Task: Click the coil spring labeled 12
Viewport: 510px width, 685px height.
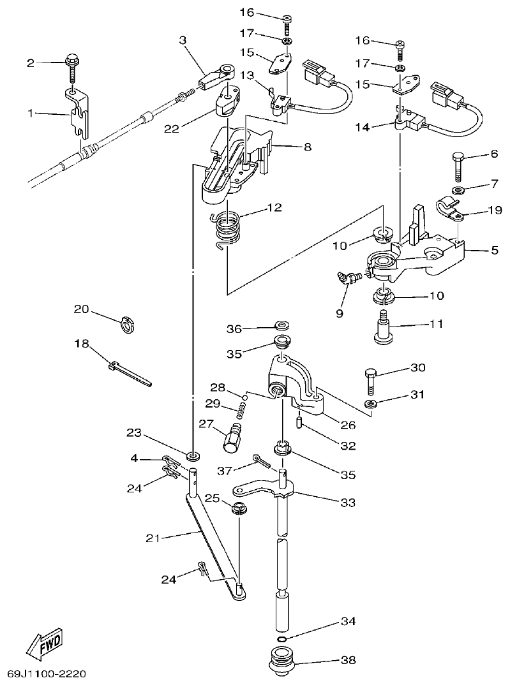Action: (228, 228)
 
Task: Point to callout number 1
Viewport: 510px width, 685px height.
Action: (31, 114)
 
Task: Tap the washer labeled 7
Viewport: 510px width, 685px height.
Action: (458, 191)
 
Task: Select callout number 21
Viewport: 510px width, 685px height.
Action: (152, 538)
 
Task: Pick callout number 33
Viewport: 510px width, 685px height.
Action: (347, 503)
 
